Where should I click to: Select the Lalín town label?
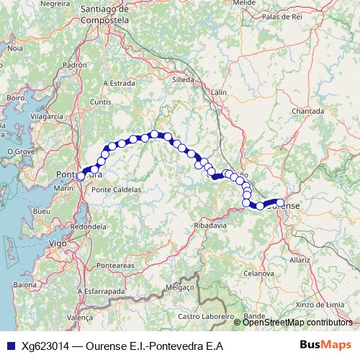pos(220,92)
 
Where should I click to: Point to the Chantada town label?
pos(308,111)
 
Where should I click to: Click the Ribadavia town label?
pos(210,225)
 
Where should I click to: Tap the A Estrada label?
pos(120,84)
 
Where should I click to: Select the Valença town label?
pos(79,317)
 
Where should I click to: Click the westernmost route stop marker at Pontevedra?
pos(81,176)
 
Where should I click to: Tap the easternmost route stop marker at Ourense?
pos(280,203)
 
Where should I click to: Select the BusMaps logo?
pos(325,346)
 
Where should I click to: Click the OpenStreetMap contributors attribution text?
pos(298,323)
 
